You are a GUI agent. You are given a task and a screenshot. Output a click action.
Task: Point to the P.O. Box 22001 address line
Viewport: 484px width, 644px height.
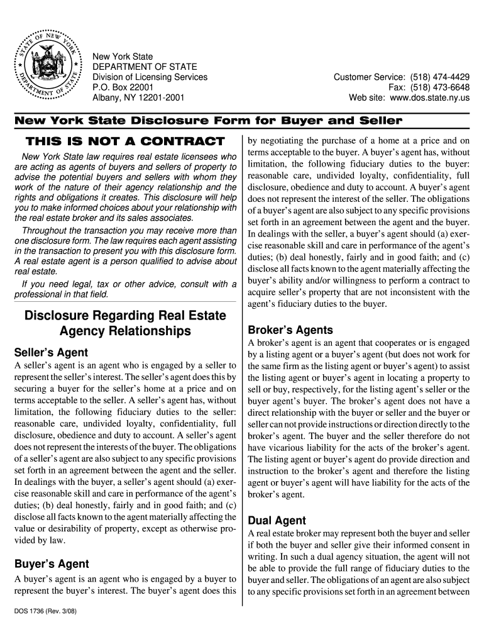coord(123,88)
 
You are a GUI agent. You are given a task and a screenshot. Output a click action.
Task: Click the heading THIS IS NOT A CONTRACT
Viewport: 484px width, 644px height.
coord(124,141)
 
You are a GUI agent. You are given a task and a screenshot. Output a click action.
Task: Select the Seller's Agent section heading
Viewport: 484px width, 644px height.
coord(51,352)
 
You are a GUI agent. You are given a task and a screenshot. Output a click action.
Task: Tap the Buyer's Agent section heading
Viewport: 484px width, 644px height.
coord(52,563)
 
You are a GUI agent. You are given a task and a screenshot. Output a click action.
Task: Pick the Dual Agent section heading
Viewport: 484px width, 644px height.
coord(277,520)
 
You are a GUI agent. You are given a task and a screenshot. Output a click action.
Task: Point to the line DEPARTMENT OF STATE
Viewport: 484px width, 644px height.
coord(145,67)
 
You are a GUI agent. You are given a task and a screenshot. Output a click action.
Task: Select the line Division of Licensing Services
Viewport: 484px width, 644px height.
coord(150,77)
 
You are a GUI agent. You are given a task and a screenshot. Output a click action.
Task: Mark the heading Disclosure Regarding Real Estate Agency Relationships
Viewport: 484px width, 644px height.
coord(124,322)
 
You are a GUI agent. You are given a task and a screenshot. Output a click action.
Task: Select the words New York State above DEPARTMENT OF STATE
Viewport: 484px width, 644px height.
coord(123,57)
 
